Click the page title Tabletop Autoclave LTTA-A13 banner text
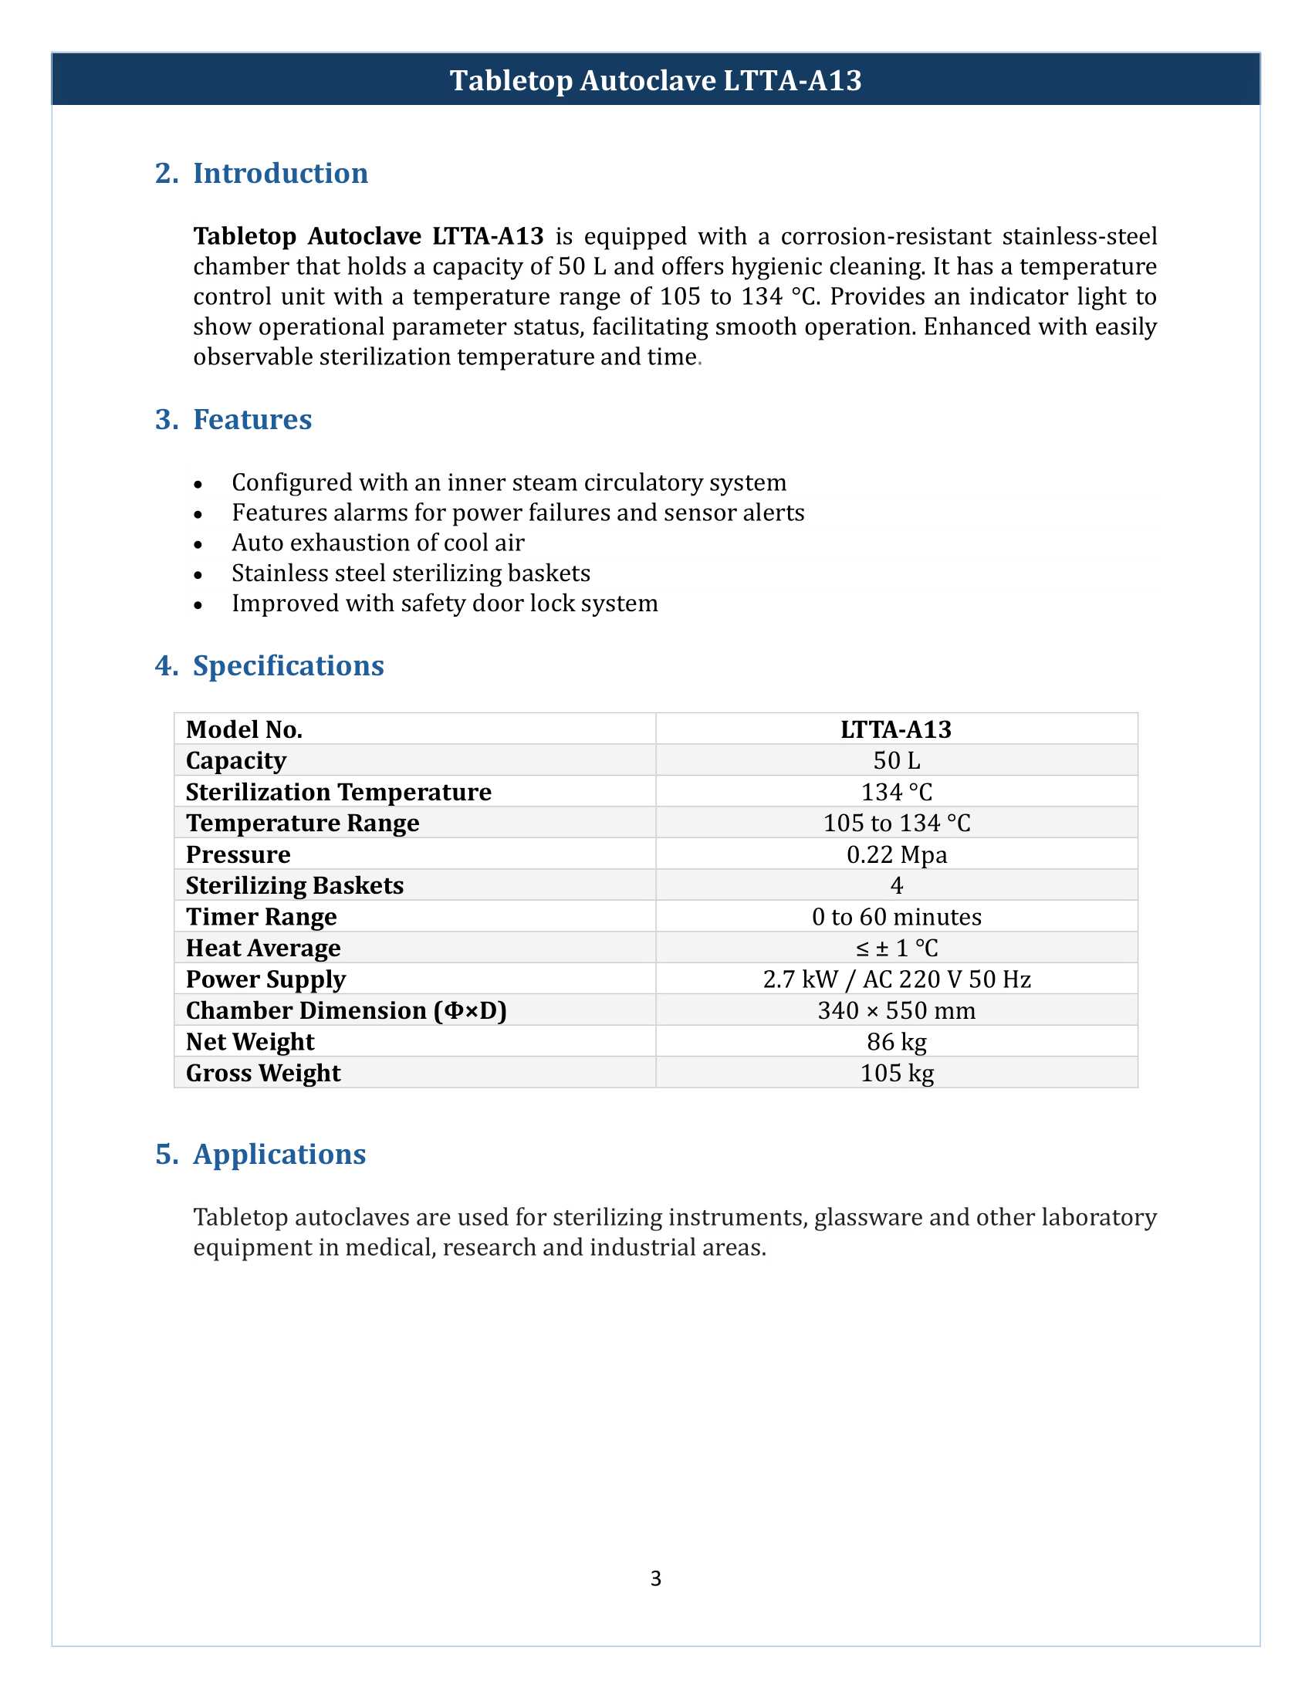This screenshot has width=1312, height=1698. click(655, 81)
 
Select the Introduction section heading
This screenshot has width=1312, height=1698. click(280, 174)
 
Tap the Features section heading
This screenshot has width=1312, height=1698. click(252, 420)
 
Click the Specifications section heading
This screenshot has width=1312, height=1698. click(288, 666)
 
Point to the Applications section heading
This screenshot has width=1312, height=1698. click(279, 1155)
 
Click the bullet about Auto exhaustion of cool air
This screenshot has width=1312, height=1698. click(377, 543)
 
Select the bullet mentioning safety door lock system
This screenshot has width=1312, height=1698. click(445, 604)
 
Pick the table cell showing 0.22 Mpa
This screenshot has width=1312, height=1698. click(896, 854)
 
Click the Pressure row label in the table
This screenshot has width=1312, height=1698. click(238, 854)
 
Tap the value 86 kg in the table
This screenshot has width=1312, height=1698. click(896, 1042)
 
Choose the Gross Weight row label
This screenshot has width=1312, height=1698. click(262, 1073)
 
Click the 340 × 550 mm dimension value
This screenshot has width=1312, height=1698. click(896, 1011)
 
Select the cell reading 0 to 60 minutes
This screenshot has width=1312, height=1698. click(896, 917)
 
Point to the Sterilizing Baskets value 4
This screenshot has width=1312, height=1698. click(896, 885)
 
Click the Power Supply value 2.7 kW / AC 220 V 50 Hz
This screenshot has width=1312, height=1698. click(896, 979)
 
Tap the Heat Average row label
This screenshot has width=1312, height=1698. click(262, 949)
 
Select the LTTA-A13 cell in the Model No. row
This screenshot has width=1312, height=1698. click(896, 729)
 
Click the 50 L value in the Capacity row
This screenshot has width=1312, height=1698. click(896, 760)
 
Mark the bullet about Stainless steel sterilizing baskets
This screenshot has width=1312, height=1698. click(411, 573)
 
